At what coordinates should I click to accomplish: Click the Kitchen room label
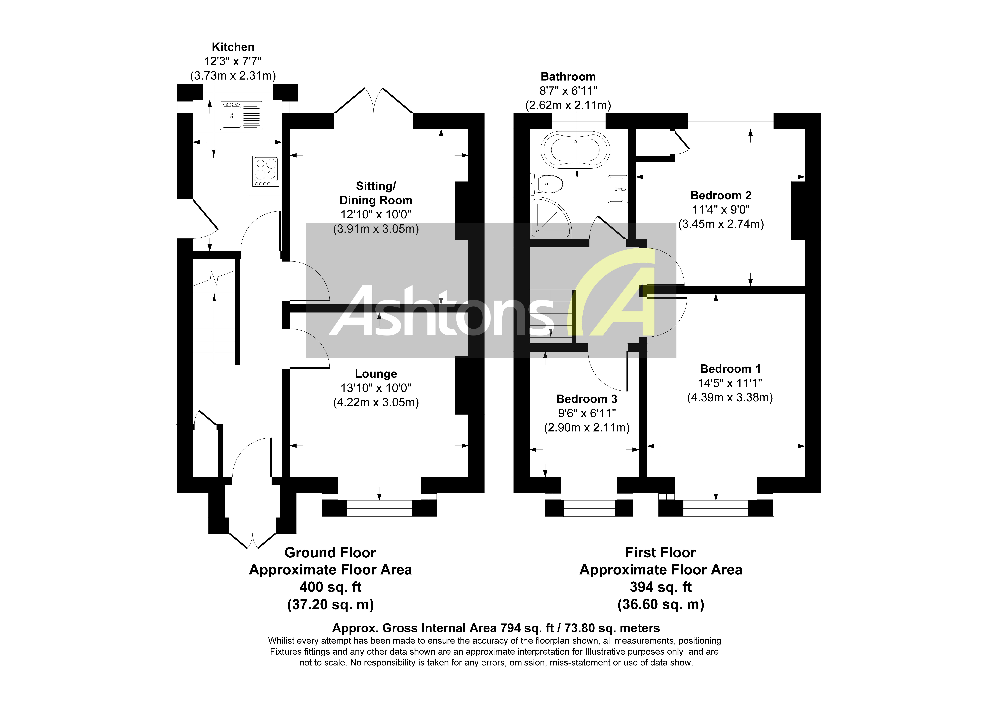pos(233,47)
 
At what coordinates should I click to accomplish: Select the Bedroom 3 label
pos(586,399)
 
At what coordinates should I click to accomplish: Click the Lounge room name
pos(376,374)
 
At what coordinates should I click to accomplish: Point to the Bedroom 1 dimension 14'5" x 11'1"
pos(730,383)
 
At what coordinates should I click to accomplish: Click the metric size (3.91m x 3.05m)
pos(376,229)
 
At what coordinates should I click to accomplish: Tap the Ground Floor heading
pos(330,553)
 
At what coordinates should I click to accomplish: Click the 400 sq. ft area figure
pos(330,587)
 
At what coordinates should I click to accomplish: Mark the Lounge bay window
pos(379,508)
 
